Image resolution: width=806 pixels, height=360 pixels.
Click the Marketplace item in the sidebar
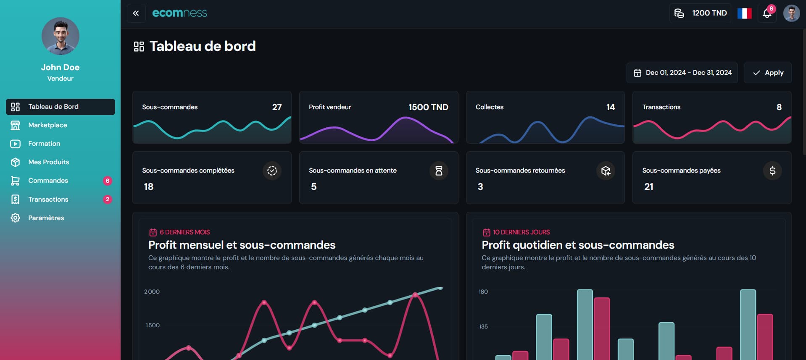tap(47, 125)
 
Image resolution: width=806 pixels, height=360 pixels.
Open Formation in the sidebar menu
tap(44, 144)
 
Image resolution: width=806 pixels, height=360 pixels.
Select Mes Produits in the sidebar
tap(48, 162)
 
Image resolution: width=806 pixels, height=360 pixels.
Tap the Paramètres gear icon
tap(16, 218)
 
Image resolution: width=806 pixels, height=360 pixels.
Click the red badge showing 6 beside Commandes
tap(108, 181)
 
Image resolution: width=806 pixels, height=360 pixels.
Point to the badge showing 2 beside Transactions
tap(108, 200)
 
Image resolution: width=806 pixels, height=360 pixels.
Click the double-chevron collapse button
tap(136, 13)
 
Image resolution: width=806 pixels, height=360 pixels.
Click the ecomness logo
tap(179, 13)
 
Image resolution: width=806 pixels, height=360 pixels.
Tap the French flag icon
tap(744, 13)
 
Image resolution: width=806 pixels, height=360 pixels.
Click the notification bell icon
tap(767, 13)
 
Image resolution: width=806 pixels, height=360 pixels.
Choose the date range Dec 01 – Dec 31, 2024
tap(682, 73)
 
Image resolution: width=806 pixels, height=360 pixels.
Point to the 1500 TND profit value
tap(428, 107)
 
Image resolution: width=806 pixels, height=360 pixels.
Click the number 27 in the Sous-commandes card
tap(277, 107)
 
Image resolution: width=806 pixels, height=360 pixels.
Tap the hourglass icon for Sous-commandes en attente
tap(439, 171)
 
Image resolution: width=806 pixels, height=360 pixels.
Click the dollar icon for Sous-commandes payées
tap(772, 171)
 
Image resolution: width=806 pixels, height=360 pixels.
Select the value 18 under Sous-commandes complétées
tap(149, 187)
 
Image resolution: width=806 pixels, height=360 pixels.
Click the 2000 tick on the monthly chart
tap(152, 292)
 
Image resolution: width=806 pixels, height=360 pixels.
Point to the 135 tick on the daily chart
tap(483, 326)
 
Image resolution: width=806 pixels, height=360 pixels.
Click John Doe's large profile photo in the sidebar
tap(61, 36)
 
